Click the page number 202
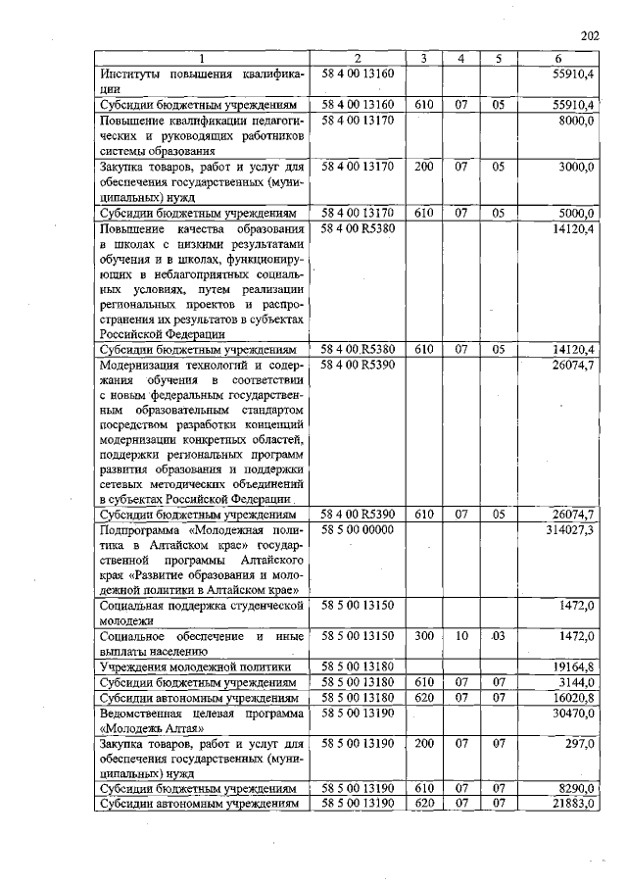tap(589, 37)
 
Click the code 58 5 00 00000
tap(357, 529)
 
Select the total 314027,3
tap(568, 529)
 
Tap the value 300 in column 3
tap(424, 637)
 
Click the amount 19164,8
tap(572, 666)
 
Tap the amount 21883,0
tap(572, 804)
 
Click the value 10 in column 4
tap(461, 637)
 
